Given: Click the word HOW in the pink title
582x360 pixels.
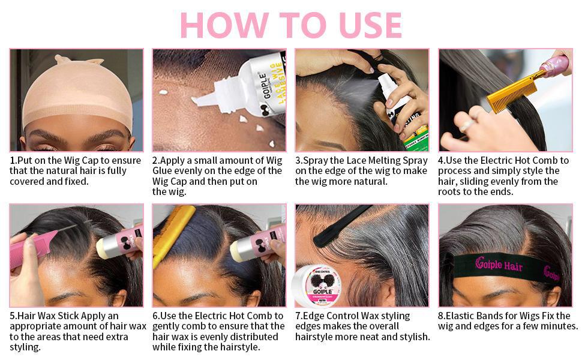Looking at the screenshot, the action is pos(224,25).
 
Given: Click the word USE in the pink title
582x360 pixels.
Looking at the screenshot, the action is pos(370,25).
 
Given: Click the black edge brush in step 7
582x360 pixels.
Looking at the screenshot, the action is pos(341,227).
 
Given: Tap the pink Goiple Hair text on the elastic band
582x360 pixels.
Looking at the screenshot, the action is pos(499,264).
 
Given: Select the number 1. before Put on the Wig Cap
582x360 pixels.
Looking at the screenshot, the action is pos(13,161).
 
